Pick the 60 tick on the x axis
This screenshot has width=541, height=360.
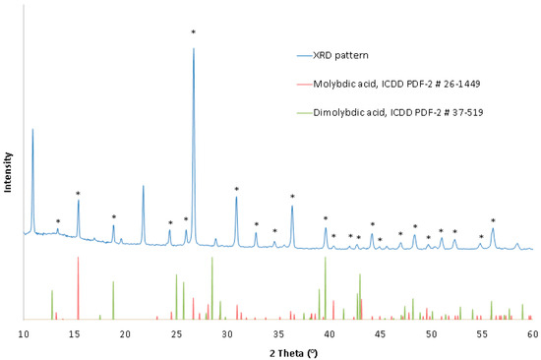(x=532, y=334)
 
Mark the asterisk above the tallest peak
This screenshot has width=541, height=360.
(x=193, y=33)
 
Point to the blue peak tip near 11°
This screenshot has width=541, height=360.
(x=33, y=129)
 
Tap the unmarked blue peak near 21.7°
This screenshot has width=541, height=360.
(x=143, y=186)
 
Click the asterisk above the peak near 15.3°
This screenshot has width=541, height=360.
(x=78, y=194)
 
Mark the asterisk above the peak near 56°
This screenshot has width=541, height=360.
(x=493, y=220)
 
